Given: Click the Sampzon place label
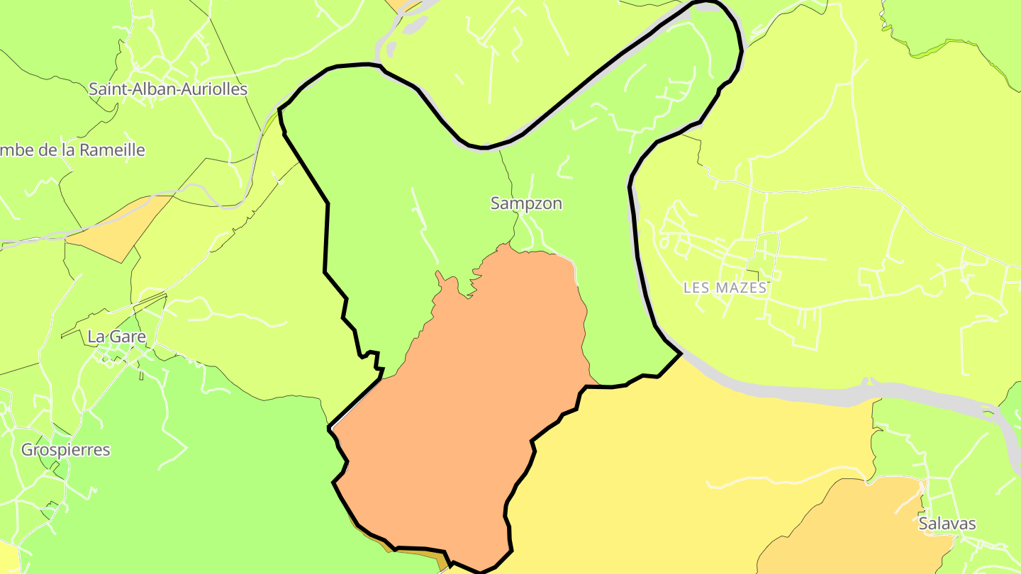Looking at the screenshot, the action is [x=526, y=203].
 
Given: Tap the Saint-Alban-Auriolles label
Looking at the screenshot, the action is [x=168, y=89].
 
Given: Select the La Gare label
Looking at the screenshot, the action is [x=116, y=337].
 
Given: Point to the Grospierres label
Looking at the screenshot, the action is [x=66, y=450].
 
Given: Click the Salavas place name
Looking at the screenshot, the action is [x=947, y=524].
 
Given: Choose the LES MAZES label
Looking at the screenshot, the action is [x=725, y=288].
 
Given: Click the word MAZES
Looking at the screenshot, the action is [x=741, y=288].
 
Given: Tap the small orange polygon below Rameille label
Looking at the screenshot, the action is [x=121, y=227].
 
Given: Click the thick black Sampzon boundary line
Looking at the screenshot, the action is [x=327, y=234].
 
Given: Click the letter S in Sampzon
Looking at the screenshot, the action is [x=496, y=203].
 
